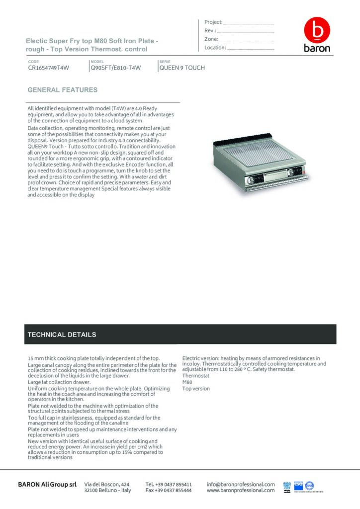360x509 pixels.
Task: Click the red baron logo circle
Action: [x=317, y=30]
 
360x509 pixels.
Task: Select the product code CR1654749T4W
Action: [x=48, y=68]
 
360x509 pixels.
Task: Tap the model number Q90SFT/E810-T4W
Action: [x=116, y=68]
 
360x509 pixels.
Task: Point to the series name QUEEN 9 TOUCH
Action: [x=182, y=68]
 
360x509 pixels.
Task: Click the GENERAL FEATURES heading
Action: [x=62, y=90]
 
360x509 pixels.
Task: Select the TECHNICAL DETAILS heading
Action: [x=62, y=335]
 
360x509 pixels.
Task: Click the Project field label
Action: [x=213, y=22]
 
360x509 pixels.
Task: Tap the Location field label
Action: [x=215, y=48]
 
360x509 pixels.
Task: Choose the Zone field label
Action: [x=211, y=39]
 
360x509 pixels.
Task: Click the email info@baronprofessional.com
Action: [x=241, y=484]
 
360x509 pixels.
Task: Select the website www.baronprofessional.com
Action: [x=241, y=491]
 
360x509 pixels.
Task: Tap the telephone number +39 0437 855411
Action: [x=169, y=484]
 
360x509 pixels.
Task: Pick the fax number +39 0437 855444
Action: [x=169, y=491]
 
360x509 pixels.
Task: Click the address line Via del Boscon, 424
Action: [x=107, y=484]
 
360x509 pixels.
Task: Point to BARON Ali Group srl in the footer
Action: [x=47, y=485]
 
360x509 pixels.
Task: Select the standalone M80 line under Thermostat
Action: [x=187, y=382]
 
